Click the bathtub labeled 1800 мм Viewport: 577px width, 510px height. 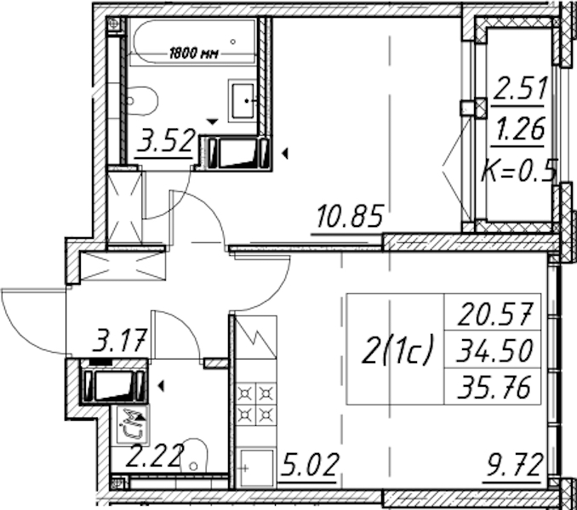pos(192,42)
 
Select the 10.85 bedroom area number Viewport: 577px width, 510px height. pos(350,216)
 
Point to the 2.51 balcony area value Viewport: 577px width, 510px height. pos(520,88)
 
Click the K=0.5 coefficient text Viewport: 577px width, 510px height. pos(519,171)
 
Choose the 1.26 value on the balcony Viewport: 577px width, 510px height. pos(520,129)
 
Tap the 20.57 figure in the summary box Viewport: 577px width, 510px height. pos(495,314)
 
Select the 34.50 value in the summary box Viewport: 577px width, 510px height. pos(494,350)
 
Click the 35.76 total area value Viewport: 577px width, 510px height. pos(494,387)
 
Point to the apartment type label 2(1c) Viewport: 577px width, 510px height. pos(396,349)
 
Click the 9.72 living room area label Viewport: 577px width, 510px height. pos(514,465)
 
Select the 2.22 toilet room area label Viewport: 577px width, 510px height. pos(155,456)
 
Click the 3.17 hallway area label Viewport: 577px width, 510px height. pos(120,340)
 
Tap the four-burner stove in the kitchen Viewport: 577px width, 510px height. pos(256,405)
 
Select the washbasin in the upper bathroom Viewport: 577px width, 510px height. pos(243,100)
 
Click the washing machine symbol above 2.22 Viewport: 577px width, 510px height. pos(134,423)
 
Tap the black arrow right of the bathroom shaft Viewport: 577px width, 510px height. pos(284,154)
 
